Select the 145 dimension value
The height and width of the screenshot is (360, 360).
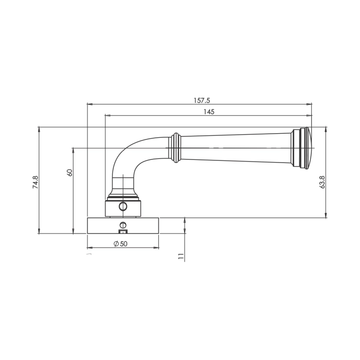point(209,112)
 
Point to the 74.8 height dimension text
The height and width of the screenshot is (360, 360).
point(35,182)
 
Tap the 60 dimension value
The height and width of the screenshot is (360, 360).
point(69,172)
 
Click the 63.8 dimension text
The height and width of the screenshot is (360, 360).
point(322,182)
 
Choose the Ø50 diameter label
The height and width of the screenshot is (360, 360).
point(120,244)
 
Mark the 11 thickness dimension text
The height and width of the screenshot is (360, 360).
point(181,256)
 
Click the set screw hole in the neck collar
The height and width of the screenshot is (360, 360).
point(122,207)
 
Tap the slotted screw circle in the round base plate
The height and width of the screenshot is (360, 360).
point(122,225)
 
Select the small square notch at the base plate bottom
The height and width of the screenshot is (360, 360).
point(122,231)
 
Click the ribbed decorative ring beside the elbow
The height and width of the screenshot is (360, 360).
point(176,148)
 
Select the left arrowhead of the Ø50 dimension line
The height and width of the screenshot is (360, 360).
point(89,248)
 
